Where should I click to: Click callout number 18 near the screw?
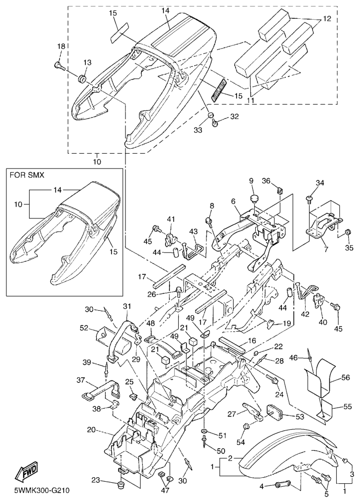61,46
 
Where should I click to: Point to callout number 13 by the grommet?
87,63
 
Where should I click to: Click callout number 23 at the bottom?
96,480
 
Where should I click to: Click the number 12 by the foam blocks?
327,19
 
